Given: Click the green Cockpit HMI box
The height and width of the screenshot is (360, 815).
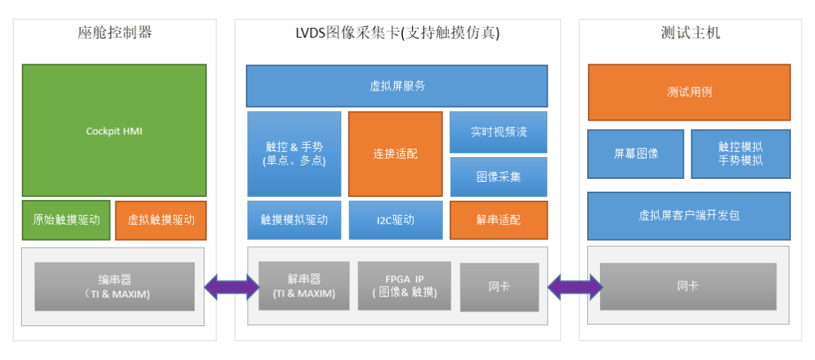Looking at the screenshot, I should (x=114, y=131).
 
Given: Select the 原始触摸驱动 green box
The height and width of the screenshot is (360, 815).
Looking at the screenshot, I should (x=66, y=220).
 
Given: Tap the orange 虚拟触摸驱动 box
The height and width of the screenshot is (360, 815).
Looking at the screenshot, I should (x=161, y=220).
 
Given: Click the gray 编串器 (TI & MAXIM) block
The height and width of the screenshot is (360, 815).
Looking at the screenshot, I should (x=114, y=287).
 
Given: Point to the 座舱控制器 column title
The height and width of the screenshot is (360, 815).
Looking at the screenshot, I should (x=115, y=32).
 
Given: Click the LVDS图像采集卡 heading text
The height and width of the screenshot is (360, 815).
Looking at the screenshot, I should (x=397, y=32).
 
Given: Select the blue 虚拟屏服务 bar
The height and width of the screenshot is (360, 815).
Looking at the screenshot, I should (x=396, y=86).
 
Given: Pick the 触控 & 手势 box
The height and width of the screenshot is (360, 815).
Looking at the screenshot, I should (x=294, y=154).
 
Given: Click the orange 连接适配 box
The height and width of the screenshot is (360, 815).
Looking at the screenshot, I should (x=395, y=154).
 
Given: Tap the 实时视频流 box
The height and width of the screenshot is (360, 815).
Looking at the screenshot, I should (x=499, y=132).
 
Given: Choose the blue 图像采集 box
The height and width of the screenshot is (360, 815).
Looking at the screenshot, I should (x=499, y=177).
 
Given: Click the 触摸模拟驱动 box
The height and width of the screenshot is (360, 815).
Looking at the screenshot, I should (x=294, y=220).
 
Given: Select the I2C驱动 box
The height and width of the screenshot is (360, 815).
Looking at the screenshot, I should (x=395, y=220).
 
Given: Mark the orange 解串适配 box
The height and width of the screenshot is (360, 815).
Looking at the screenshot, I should (x=499, y=220).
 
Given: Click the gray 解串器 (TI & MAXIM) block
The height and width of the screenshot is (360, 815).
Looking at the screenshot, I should (x=304, y=286).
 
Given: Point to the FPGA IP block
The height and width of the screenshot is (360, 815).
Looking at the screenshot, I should (x=404, y=286).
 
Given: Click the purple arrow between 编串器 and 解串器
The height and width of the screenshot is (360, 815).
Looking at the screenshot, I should (x=232, y=287).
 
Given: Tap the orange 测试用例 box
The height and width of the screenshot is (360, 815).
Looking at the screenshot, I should (x=689, y=92).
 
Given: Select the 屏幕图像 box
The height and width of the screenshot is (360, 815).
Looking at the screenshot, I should (x=635, y=154).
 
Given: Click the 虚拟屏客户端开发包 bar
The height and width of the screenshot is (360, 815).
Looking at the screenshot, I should (x=689, y=216).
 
